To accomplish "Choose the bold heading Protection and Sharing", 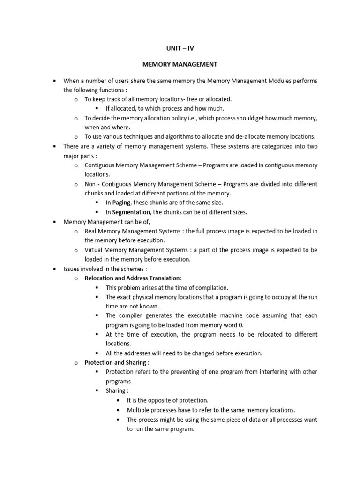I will point(115,362).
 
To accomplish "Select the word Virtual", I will point(95,250).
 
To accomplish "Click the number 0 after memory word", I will point(242,325).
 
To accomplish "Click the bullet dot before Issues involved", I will point(56,269).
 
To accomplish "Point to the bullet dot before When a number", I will point(56,81).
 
